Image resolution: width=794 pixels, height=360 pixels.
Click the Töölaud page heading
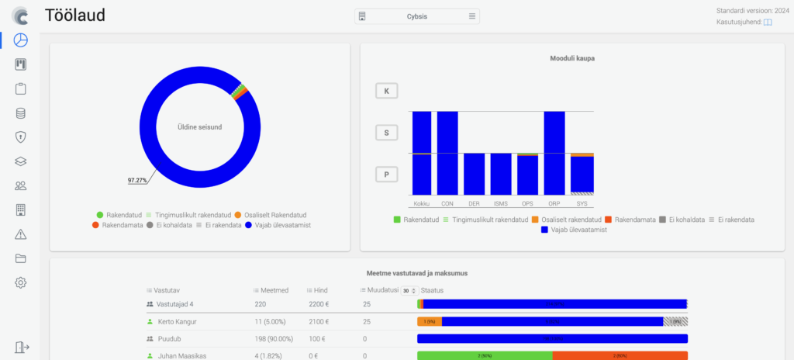[75, 16]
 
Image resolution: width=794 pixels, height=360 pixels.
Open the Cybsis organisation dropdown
[417, 16]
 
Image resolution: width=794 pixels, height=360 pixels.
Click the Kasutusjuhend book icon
[768, 22]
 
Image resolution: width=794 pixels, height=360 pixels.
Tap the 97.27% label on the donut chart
[138, 180]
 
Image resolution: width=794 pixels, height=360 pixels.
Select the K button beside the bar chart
[386, 91]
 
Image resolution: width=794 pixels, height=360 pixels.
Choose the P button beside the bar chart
[386, 175]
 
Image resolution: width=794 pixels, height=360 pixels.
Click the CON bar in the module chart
[447, 153]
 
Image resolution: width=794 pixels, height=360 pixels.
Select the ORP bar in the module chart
[554, 153]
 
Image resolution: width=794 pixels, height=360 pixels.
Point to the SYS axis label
[582, 203]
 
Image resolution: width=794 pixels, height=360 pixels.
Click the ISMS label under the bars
[501, 203]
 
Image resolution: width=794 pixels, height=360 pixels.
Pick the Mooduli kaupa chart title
[572, 58]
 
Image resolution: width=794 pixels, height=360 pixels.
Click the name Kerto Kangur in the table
[176, 321]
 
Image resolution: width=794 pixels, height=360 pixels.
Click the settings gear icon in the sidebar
[21, 282]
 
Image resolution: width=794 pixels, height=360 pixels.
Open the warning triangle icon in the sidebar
[21, 234]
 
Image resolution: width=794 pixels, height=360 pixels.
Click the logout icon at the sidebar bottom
[21, 348]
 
